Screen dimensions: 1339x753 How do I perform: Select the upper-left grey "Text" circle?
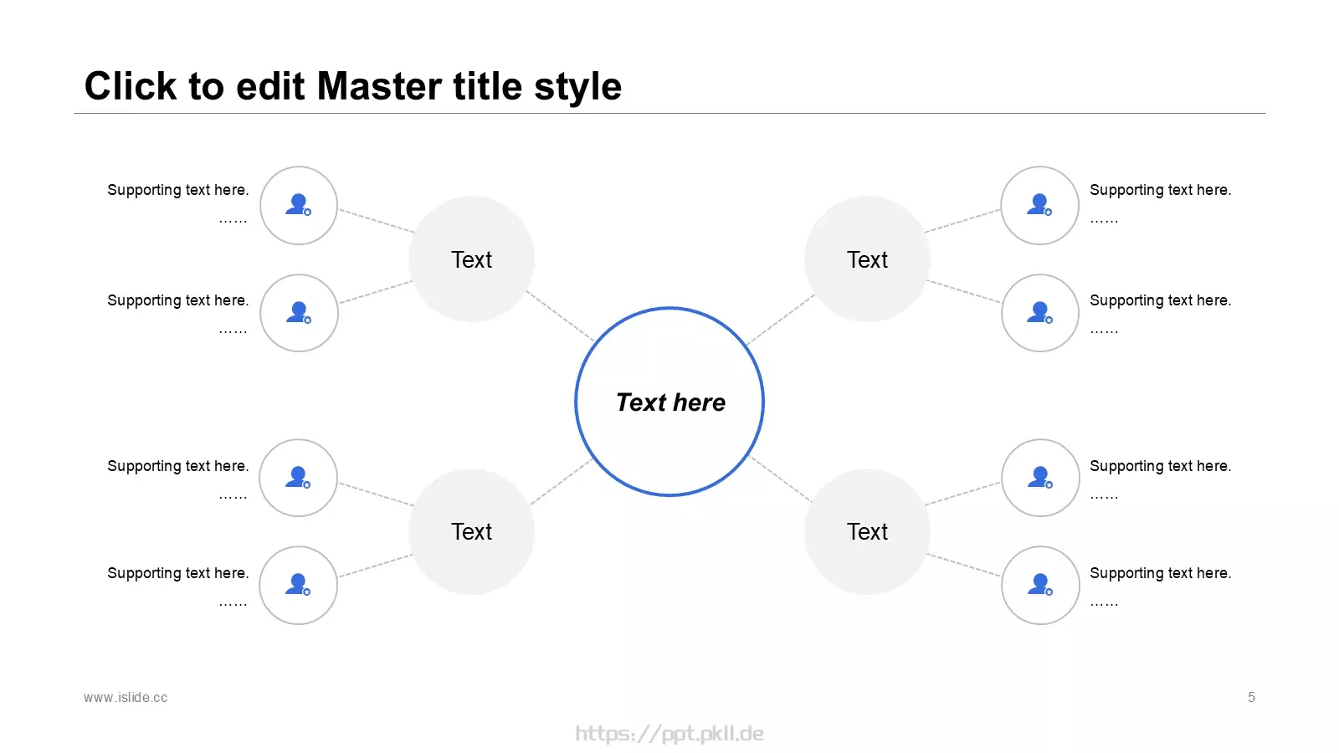471,259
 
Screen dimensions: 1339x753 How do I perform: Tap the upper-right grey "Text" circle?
867,259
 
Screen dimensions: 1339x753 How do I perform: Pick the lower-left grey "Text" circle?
471,531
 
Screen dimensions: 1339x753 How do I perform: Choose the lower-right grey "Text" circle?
867,531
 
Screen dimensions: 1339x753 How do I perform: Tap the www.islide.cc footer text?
126,698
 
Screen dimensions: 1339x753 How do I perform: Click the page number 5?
1251,698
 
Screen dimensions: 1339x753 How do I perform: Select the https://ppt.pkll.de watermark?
669,733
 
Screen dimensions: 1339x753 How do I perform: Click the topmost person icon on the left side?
298,204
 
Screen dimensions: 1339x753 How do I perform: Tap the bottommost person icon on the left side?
298,585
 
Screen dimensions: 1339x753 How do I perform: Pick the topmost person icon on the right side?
1039,204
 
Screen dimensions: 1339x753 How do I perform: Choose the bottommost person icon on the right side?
1040,585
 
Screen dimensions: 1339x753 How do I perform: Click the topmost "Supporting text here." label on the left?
178,190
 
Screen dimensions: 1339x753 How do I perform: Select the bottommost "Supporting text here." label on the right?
1160,573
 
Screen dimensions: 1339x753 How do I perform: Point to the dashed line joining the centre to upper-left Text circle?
560,315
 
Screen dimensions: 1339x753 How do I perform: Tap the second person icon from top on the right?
1040,313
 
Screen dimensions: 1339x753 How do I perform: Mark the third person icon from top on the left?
298,478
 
